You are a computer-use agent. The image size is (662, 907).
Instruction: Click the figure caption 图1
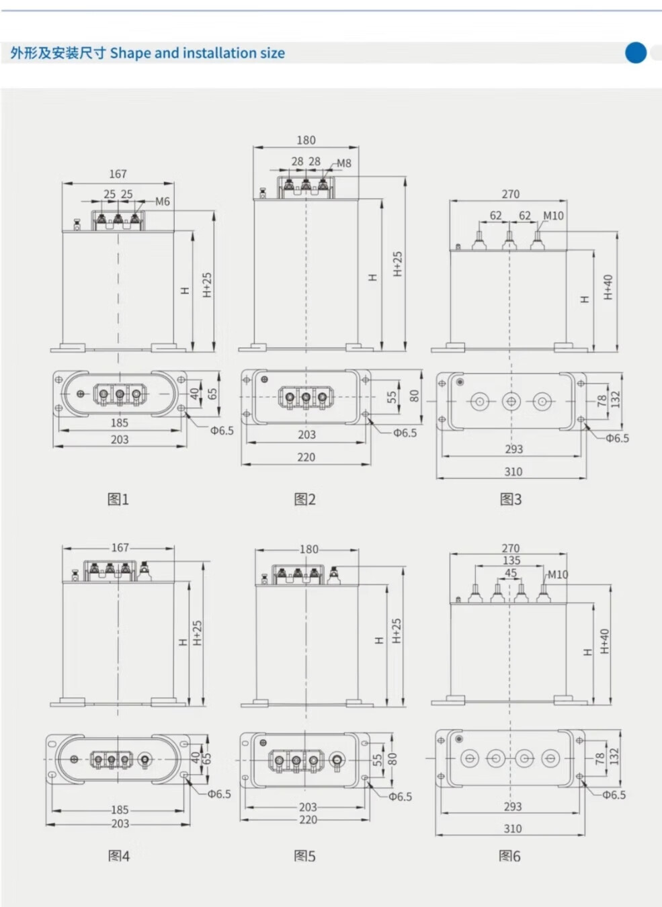tap(118, 499)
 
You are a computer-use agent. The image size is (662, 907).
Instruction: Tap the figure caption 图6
tap(509, 856)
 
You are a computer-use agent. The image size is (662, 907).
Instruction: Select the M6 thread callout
tap(163, 202)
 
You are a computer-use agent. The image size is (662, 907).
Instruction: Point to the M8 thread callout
tap(344, 163)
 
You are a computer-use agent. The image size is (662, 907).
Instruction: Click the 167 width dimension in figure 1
tap(118, 174)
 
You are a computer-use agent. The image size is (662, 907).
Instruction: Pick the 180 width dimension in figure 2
tap(306, 140)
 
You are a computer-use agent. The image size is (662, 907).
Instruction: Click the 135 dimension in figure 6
tap(511, 560)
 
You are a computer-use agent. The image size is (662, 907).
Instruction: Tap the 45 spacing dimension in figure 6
tap(511, 573)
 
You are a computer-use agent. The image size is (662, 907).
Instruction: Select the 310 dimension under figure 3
tap(513, 472)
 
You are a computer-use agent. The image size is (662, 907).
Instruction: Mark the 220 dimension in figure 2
tap(306, 457)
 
